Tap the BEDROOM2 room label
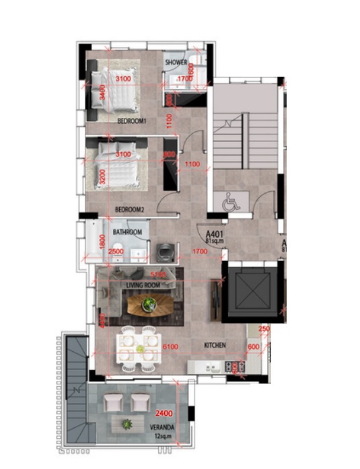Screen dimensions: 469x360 point(130,209)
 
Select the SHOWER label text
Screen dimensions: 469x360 point(176,63)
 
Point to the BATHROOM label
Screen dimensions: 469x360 point(127,232)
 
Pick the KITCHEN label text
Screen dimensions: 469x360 point(215,345)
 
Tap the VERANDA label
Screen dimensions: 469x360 point(163,427)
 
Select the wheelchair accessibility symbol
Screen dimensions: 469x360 point(231,202)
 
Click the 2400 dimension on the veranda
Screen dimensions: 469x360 point(164,412)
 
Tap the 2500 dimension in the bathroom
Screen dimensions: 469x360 point(115,252)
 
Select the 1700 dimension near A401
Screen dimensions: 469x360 point(199,252)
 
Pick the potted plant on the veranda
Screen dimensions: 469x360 point(127,424)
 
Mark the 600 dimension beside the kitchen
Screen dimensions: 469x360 point(253,346)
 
